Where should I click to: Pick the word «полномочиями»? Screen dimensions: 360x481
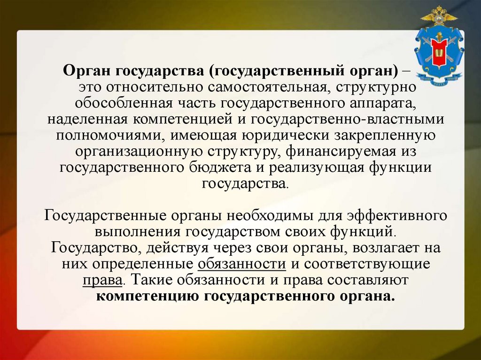tap(106, 136)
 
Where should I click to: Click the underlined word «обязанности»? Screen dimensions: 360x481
tap(242, 264)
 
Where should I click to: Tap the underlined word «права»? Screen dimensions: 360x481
tap(103, 280)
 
